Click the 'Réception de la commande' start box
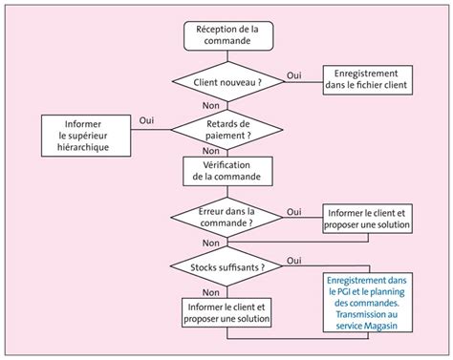[228, 35]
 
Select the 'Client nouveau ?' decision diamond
[227, 82]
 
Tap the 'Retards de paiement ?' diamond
[226, 130]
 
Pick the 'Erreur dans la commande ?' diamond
[226, 218]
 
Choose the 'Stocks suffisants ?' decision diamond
[226, 266]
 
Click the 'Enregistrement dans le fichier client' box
[368, 80]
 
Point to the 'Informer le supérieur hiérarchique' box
[86, 136]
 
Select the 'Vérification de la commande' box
[227, 171]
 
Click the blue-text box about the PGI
[368, 303]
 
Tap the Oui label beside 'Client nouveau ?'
[294, 75]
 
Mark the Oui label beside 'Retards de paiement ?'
[146, 120]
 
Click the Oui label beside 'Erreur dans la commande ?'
[294, 212]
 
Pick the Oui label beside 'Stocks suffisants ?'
[294, 261]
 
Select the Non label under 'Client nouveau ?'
[211, 105]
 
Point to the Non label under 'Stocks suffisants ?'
[211, 292]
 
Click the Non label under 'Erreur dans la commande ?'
[211, 243]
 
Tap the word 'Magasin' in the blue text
[380, 326]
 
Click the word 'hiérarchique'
[83, 147]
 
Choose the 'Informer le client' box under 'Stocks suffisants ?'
[226, 312]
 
